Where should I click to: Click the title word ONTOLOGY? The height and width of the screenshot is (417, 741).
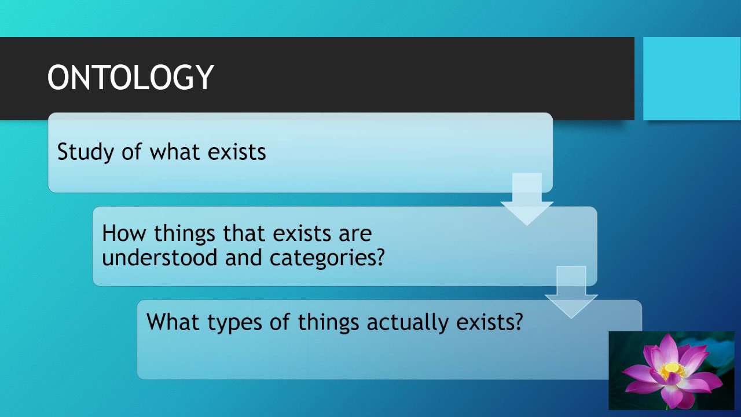pyautogui.click(x=130, y=78)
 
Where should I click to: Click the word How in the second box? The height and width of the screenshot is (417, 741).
pyautogui.click(x=123, y=233)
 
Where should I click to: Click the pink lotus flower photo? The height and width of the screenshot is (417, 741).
pyautogui.click(x=671, y=371)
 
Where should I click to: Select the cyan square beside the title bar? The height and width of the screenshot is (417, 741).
pyautogui.click(x=692, y=78)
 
